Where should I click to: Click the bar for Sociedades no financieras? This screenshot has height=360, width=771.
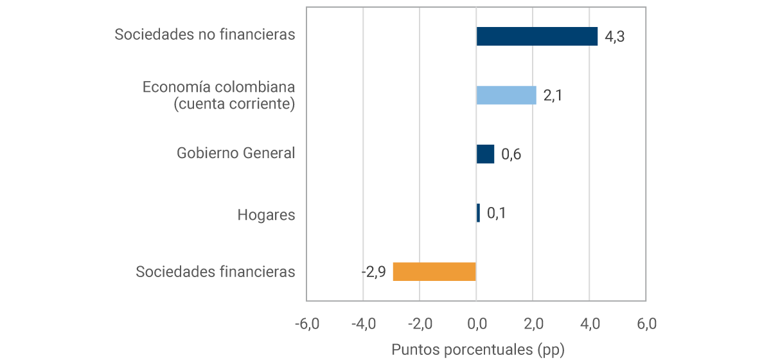(x=536, y=36)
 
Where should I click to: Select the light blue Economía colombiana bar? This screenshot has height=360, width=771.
(x=506, y=95)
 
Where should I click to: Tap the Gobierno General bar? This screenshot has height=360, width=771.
(x=485, y=154)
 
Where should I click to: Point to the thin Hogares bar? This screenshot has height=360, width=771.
(x=478, y=213)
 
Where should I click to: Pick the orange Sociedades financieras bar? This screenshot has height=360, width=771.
(x=434, y=272)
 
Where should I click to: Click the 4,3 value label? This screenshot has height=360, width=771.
(x=615, y=37)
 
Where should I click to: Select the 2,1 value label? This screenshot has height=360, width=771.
(x=553, y=96)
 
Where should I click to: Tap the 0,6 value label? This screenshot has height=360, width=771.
(x=511, y=155)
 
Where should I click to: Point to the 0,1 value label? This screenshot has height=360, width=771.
(x=496, y=213)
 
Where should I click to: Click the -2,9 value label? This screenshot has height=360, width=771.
(x=373, y=272)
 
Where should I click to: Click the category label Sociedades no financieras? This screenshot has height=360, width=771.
(x=205, y=35)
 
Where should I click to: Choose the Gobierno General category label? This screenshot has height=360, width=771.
(x=236, y=153)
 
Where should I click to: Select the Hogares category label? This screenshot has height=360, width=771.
(x=266, y=215)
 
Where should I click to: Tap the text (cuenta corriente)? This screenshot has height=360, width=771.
(x=234, y=104)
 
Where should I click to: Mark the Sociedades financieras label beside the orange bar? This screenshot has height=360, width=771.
(x=215, y=272)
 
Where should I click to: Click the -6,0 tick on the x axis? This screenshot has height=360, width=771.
(x=306, y=323)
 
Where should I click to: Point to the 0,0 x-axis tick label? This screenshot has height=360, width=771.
(x=476, y=323)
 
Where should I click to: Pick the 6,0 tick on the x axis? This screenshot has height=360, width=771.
(x=646, y=323)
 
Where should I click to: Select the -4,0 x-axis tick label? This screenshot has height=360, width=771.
(x=363, y=323)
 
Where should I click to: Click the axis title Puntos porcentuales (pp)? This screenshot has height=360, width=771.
(x=477, y=349)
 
